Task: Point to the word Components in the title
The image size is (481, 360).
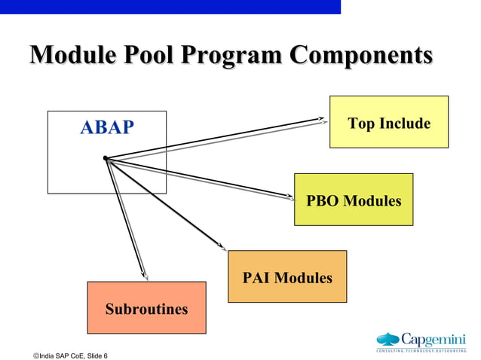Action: (362, 56)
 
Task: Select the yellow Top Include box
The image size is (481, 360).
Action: (388, 122)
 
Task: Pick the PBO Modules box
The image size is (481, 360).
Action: (353, 200)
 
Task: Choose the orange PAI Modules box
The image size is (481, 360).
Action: (287, 277)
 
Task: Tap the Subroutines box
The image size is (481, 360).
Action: (146, 308)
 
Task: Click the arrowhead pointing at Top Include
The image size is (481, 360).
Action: (323, 119)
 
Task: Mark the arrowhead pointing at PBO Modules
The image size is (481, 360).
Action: (291, 199)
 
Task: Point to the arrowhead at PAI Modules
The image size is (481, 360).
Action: (222, 247)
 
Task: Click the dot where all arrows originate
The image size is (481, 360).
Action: (106, 158)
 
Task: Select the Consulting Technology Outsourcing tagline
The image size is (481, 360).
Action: (421, 351)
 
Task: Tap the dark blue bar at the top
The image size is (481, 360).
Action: (170, 7)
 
